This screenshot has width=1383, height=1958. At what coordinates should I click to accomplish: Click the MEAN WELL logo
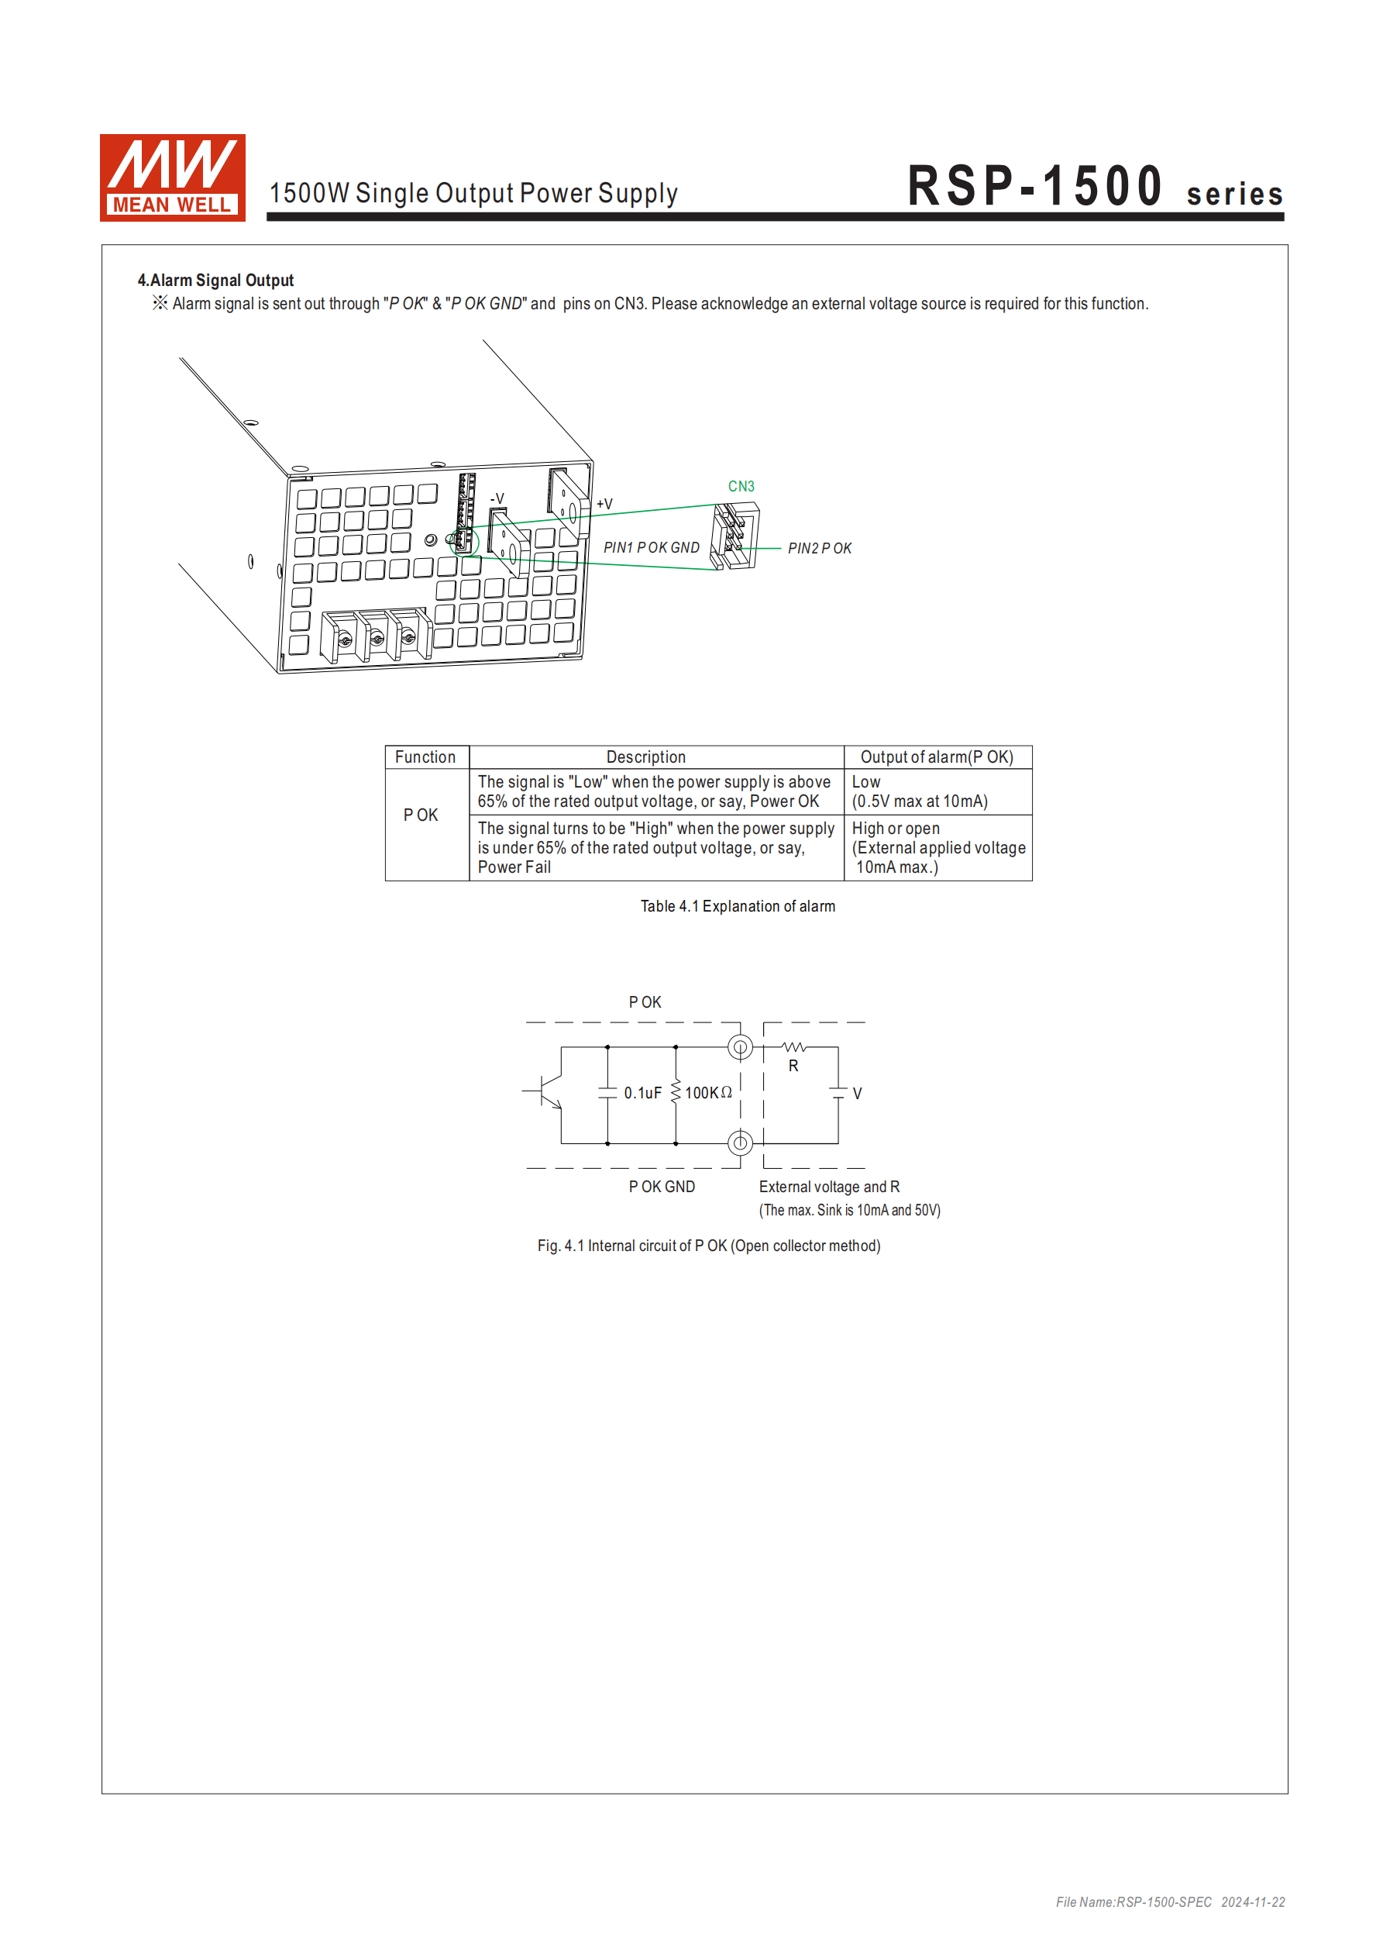pos(172,178)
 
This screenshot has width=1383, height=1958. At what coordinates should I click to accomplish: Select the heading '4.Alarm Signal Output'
pos(215,281)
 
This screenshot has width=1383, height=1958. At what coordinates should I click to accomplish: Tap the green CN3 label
pos(740,486)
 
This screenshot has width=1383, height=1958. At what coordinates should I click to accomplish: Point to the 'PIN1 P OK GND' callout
pos(651,547)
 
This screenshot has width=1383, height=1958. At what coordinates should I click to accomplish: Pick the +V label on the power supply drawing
pos(604,504)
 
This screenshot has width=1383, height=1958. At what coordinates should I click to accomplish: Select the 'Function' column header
pos(425,757)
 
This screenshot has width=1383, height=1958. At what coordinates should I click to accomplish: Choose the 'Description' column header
pos(645,757)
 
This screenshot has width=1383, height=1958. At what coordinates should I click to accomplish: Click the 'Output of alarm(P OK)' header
pos(936,757)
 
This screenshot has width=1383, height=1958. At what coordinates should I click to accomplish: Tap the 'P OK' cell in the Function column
pos(421,815)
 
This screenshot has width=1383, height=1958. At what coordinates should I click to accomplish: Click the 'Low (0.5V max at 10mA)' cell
pos(919,791)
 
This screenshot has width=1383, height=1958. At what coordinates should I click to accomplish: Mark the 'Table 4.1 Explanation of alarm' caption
pos(738,906)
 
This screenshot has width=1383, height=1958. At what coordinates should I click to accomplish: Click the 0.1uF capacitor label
pos(642,1093)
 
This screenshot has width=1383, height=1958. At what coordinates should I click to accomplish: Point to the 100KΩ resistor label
pos(707,1093)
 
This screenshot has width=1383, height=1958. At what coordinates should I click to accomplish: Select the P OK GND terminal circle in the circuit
pos(740,1143)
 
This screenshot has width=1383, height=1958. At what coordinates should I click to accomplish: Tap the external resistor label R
pos(793,1066)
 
